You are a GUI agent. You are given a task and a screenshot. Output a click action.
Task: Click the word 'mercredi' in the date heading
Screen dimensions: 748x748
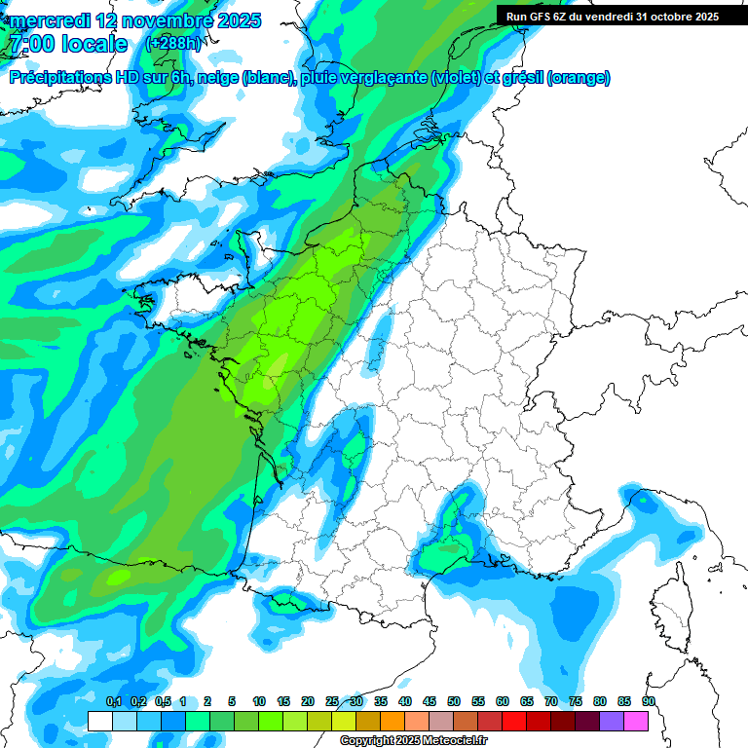click(50, 20)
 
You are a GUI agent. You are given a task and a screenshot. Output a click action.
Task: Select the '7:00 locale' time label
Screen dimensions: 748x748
click(67, 44)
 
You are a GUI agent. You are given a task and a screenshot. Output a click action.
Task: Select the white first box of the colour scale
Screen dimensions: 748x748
click(99, 721)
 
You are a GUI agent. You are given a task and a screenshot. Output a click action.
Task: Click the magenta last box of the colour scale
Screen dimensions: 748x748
click(636, 721)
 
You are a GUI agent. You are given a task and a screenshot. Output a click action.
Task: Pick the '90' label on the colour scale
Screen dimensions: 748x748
click(649, 701)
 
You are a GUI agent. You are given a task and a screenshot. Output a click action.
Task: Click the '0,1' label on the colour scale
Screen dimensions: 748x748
click(113, 701)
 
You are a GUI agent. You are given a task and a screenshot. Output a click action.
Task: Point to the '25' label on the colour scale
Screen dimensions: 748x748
click(332, 701)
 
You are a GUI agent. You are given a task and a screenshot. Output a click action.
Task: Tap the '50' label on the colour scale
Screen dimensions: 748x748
click(454, 701)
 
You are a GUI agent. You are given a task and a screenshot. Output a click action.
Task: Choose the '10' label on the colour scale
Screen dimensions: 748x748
click(259, 701)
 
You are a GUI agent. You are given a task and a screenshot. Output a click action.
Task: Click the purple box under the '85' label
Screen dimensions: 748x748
click(612, 721)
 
